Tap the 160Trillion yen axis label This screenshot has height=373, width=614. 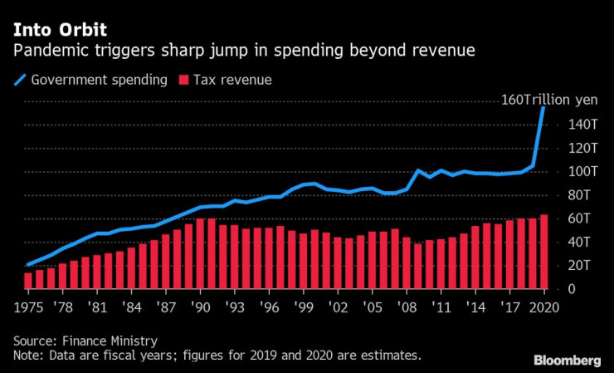[548, 100]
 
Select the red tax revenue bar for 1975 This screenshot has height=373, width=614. [28, 280]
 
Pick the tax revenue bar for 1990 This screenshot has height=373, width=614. [200, 253]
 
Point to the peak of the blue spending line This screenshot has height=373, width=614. [543, 107]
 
